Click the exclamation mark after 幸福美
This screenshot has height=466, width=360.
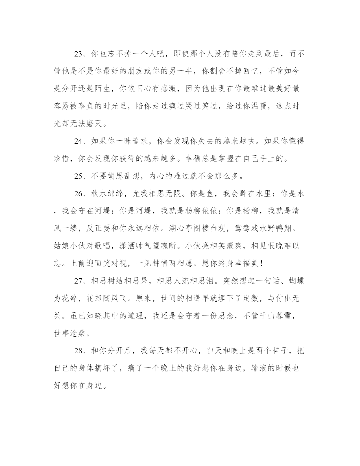click(262, 264)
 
